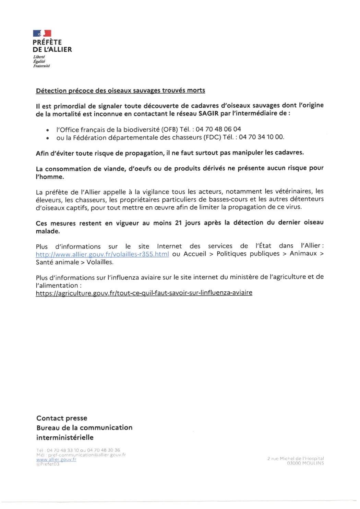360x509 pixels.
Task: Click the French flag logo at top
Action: coord(42,33)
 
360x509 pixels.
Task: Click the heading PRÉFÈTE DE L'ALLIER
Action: coord(52,46)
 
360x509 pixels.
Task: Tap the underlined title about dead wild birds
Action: coord(120,90)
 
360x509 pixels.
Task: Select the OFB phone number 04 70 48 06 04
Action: coord(218,129)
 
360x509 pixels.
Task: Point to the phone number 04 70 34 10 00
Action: coord(261,137)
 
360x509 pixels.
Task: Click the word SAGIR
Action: coord(208,113)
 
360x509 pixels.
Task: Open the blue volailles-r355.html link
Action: coord(102,254)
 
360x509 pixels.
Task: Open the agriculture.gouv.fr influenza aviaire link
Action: coord(144,293)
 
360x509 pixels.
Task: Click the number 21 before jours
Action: coord(178,223)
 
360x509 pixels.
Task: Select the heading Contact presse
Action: coord(62,418)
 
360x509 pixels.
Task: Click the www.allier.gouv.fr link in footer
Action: coord(56,459)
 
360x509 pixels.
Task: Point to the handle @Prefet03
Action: coord(48,464)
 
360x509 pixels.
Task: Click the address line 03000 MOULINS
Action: coord(305,463)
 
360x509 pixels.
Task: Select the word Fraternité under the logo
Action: coord(41,66)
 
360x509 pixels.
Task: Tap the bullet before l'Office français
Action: coord(47,130)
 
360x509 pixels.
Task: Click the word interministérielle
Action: coord(65,437)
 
